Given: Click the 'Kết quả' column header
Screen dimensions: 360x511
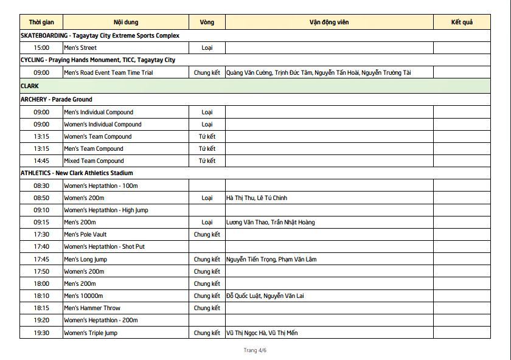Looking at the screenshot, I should click(462, 22).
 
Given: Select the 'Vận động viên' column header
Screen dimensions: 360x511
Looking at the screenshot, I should click(329, 22).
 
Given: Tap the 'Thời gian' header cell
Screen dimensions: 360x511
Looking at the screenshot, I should click(41, 22).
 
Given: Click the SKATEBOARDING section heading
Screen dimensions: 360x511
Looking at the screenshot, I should click(100, 35).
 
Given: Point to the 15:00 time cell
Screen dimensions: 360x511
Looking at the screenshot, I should click(41, 47).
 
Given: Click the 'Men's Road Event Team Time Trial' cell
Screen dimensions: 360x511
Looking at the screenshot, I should click(108, 72).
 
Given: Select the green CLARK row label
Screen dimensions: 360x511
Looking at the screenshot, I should click(30, 86).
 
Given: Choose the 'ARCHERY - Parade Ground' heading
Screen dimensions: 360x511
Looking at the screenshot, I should click(57, 99).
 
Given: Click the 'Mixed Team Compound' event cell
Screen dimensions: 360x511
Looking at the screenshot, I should click(94, 161).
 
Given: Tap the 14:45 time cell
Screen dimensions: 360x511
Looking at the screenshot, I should click(41, 161).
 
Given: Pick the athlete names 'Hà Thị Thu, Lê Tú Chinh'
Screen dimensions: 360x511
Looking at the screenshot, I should click(256, 198).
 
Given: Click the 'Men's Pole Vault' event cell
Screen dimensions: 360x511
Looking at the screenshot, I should click(85, 235).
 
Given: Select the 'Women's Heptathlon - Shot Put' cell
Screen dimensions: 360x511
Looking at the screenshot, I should click(104, 247).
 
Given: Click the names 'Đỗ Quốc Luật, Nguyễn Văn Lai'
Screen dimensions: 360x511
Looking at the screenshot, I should click(265, 296).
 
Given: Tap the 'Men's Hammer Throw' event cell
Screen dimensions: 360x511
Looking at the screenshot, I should click(92, 308).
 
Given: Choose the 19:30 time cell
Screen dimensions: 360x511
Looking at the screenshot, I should click(41, 333).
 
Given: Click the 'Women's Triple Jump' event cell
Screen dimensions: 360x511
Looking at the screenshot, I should click(91, 333).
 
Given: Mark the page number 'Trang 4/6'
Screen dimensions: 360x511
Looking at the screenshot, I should click(255, 350).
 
